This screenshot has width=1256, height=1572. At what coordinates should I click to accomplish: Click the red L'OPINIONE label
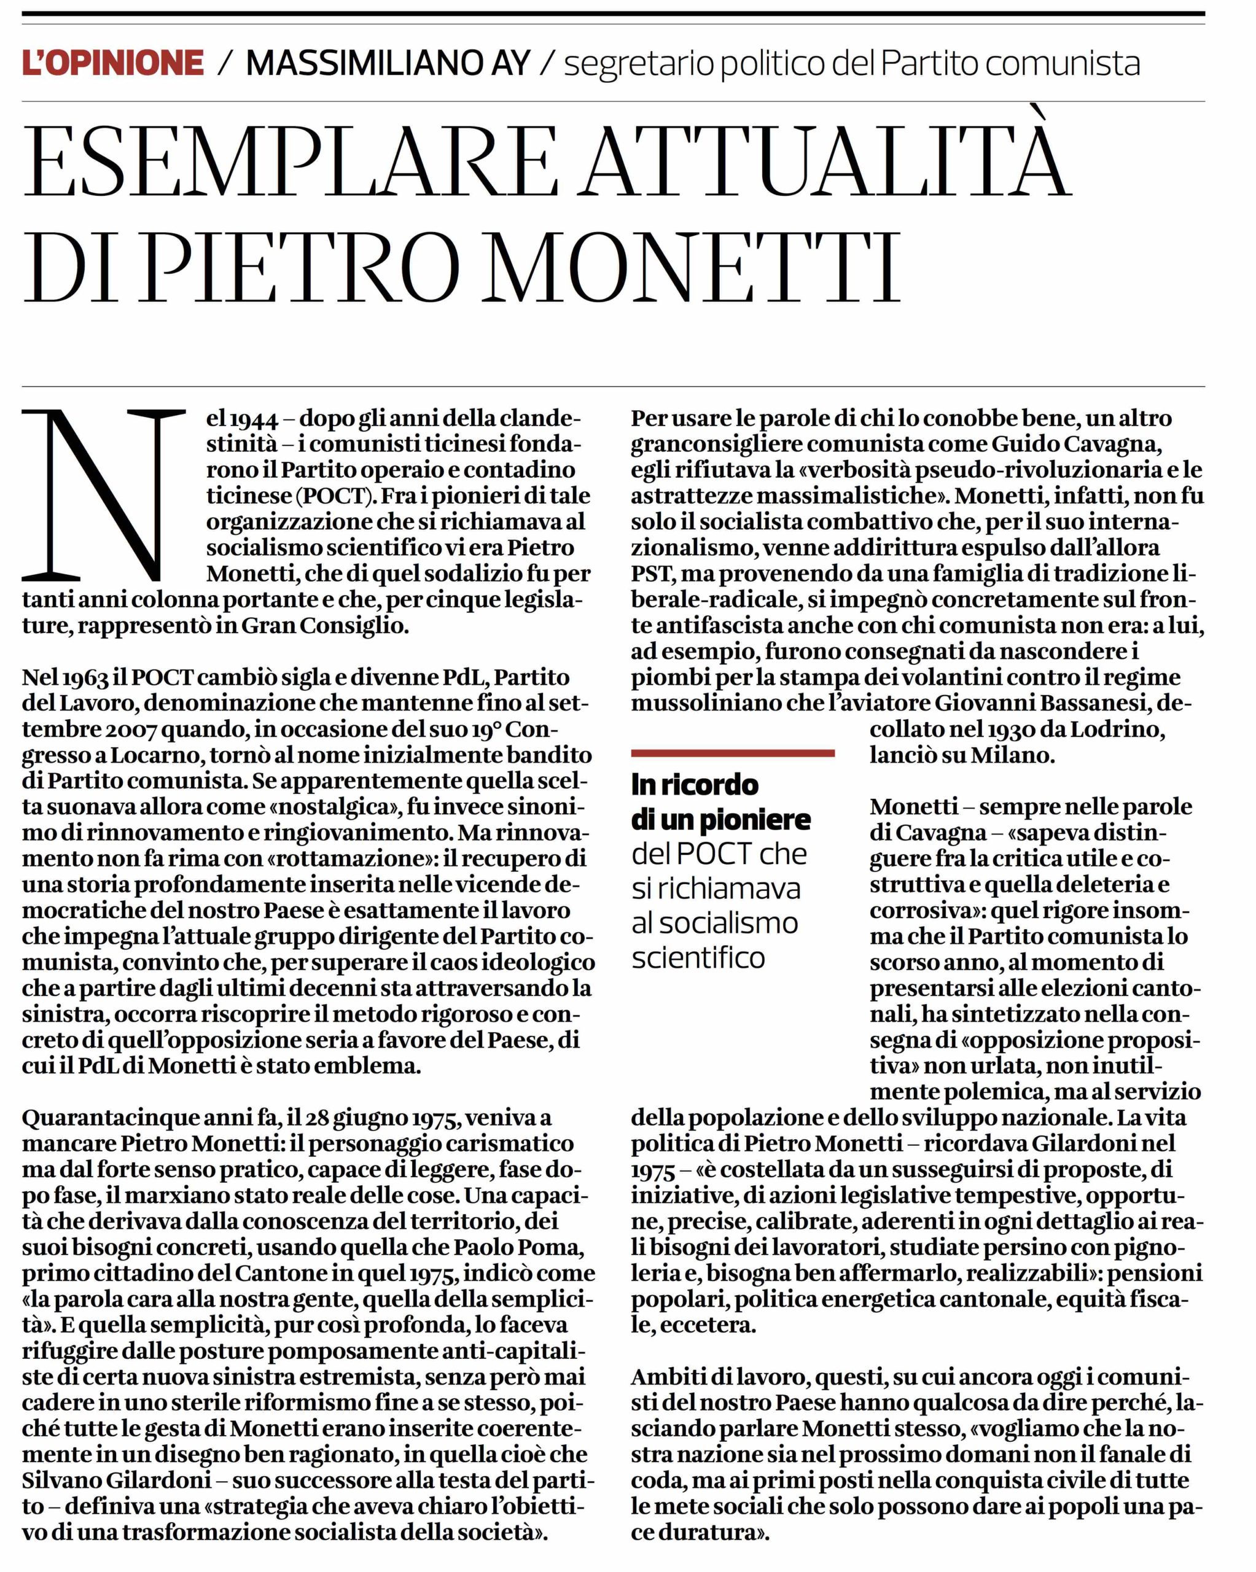113,63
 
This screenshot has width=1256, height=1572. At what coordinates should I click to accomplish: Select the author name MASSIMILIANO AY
388,63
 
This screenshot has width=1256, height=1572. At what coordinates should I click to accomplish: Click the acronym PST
650,574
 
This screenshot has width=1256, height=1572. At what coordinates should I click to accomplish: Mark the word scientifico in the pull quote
698,957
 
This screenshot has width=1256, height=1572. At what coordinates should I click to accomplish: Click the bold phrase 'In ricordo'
695,785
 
